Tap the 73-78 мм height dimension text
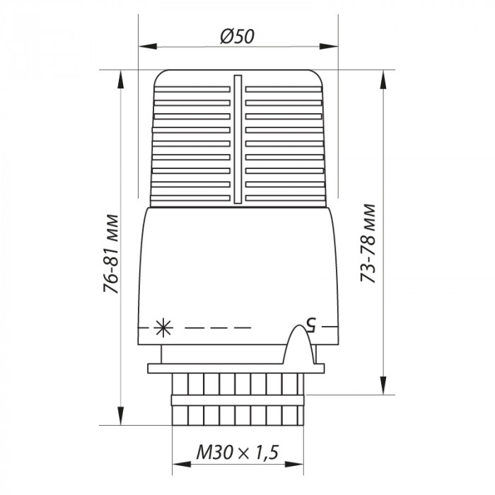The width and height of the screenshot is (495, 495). pos(368,244)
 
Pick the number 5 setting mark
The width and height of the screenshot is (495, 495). pos(309,324)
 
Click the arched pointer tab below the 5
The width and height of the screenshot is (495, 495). pos(300,346)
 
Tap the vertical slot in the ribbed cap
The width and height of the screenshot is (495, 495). pos(238,141)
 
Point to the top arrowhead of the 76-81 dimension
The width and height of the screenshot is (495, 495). pos(121,76)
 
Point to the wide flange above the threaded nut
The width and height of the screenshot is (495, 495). pos(238,368)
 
